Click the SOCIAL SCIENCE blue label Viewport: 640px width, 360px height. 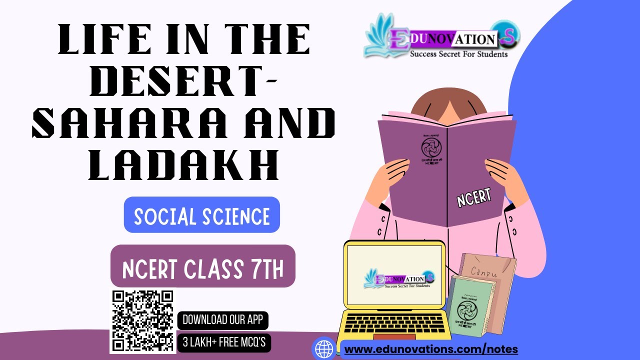click(x=202, y=216)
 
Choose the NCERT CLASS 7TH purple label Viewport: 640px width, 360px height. click(x=203, y=268)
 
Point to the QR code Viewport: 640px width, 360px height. click(x=143, y=321)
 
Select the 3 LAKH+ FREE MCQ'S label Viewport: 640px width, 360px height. click(x=224, y=343)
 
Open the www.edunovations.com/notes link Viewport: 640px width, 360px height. click(x=431, y=349)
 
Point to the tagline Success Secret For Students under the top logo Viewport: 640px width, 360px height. click(x=458, y=53)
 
